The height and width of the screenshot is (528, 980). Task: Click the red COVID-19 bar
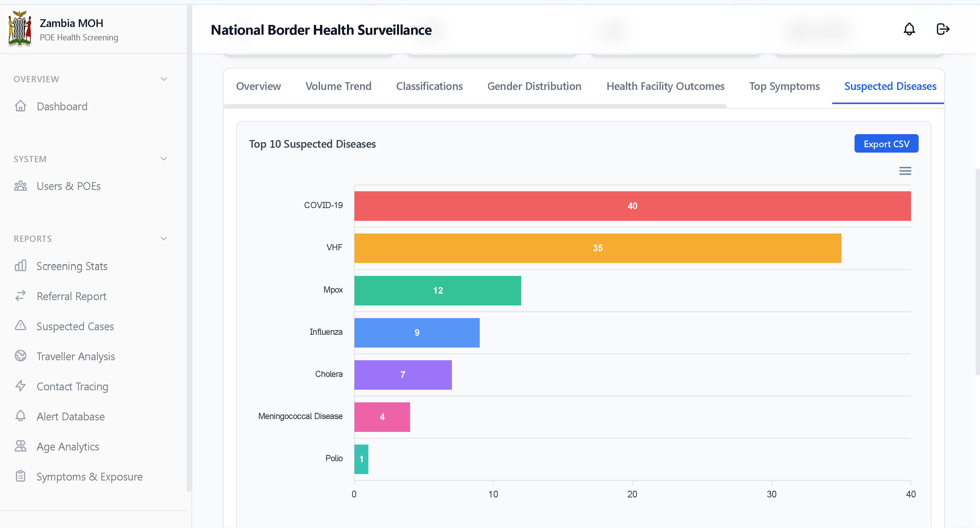(632, 206)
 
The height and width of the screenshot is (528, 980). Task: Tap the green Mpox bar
(438, 291)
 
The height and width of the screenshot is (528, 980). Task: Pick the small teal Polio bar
(361, 459)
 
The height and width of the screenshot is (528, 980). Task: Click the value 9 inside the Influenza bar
(417, 332)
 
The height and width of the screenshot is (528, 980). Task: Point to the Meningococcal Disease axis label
(300, 416)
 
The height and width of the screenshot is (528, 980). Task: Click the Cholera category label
(329, 374)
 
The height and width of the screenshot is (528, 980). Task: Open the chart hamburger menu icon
(905, 171)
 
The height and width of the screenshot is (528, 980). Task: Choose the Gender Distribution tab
(534, 87)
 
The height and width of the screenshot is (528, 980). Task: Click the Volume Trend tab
(338, 87)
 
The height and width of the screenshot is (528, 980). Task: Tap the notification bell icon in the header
(909, 29)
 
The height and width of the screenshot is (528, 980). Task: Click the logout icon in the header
(943, 29)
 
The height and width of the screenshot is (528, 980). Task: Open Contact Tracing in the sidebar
(72, 387)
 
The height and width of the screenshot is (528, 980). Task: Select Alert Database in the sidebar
(70, 417)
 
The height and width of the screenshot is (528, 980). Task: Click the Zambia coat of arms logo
(20, 29)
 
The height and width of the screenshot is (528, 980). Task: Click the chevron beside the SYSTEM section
(163, 159)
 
